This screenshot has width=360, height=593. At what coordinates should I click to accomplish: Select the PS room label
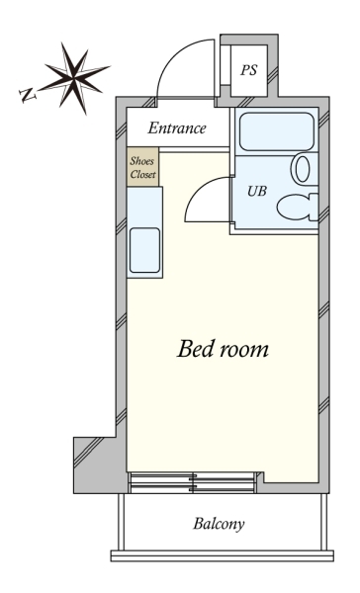249,70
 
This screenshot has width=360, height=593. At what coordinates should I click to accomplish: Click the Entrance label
177,127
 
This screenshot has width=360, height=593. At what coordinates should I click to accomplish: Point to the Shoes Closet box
142,166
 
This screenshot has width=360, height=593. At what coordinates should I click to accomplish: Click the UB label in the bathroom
257,191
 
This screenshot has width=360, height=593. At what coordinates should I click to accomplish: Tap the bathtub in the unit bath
276,131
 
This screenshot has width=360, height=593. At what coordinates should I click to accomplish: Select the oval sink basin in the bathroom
302,169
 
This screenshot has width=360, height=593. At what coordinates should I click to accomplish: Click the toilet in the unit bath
298,208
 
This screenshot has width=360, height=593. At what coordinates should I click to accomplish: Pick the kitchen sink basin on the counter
144,250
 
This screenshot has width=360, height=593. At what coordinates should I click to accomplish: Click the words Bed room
223,349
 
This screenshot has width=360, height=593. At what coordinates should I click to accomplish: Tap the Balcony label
219,524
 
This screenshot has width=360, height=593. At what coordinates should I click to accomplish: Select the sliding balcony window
192,482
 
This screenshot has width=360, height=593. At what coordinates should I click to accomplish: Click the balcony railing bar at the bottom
223,555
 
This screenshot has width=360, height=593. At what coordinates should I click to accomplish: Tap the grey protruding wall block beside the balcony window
95,466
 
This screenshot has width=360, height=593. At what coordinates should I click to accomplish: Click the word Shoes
142,161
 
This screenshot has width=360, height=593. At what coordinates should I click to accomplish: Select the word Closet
143,174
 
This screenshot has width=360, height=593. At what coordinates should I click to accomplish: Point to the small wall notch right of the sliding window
260,477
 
